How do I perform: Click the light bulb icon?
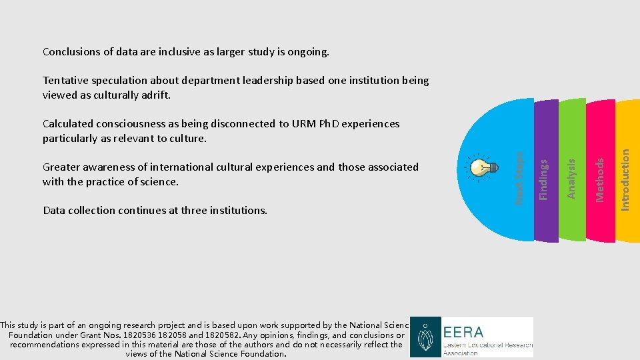coord(483,167)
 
